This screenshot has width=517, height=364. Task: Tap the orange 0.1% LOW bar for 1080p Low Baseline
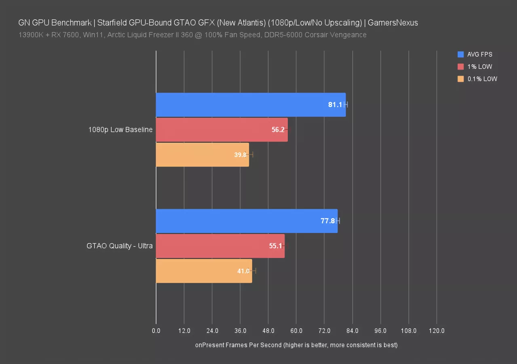(x=202, y=154)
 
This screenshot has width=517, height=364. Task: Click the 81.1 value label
(x=335, y=105)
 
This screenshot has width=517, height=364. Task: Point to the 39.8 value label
(x=240, y=154)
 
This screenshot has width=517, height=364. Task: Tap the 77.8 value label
(x=328, y=221)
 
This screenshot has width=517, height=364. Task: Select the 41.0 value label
(x=243, y=271)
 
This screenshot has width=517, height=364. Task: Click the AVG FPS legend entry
(x=479, y=54)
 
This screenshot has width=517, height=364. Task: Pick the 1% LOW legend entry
(x=479, y=67)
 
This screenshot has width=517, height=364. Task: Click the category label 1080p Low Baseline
(x=120, y=130)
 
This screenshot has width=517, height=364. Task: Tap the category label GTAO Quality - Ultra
(x=119, y=246)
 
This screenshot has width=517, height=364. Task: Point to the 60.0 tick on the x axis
(x=296, y=331)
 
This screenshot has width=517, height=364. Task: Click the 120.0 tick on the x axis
(x=437, y=331)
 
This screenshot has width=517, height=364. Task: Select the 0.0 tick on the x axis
(x=156, y=331)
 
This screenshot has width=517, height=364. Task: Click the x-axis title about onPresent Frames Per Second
(x=296, y=345)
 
